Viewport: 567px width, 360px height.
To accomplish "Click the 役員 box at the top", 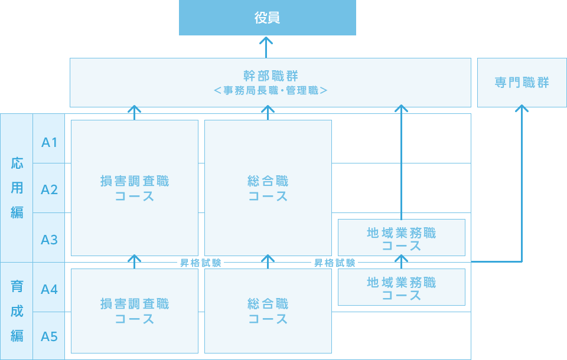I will (x=268, y=18).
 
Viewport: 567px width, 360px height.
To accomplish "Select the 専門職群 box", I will (x=522, y=83).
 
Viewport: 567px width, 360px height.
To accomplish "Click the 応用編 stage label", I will (x=17, y=188).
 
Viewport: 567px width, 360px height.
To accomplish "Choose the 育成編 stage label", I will (x=17, y=311).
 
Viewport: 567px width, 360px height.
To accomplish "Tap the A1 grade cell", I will (x=49, y=142).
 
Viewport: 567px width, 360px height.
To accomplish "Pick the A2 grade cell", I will (x=49, y=189).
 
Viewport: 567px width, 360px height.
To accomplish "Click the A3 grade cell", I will (x=49, y=240).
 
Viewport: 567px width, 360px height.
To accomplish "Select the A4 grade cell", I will (x=49, y=289).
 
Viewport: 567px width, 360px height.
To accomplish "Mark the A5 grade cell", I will (x=49, y=336).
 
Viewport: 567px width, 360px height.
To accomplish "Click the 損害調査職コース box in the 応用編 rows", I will (x=135, y=188).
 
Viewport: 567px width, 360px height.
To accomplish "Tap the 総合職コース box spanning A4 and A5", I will (x=268, y=311).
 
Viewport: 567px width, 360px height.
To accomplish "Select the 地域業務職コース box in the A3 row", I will (x=402, y=238).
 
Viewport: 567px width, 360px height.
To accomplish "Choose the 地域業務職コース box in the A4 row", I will (x=402, y=288).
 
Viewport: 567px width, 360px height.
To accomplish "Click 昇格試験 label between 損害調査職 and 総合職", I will (x=201, y=263).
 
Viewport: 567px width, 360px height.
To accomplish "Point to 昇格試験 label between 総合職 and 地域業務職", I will (x=335, y=263).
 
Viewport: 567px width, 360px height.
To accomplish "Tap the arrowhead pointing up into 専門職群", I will (x=522, y=109).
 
